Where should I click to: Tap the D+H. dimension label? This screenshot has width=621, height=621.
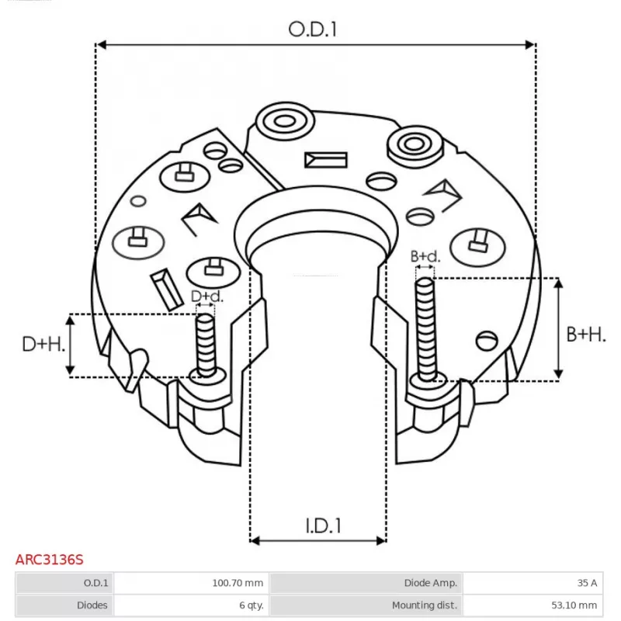point(42,344)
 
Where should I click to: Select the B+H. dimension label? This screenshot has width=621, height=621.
point(585,335)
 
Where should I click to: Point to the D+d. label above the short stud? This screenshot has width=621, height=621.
point(206,297)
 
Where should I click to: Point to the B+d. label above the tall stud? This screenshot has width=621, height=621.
point(425,257)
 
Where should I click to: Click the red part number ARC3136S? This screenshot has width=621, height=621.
point(50,559)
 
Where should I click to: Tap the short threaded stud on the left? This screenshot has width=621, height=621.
point(206,344)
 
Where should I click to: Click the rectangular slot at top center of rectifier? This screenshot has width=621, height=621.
point(325,160)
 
